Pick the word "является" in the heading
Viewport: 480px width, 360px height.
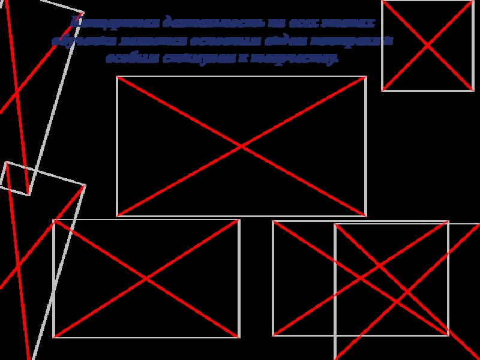pyautogui.click(x=148, y=41)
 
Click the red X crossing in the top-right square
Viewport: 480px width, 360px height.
pyautogui.click(x=428, y=46)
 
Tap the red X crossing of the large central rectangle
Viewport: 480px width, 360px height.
pyautogui.click(x=241, y=146)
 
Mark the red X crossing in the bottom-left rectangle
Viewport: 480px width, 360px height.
pyautogui.click(x=146, y=278)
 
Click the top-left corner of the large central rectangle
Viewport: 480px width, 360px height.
pyautogui.click(x=117, y=77)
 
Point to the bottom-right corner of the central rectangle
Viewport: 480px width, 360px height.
pyautogui.click(x=365, y=215)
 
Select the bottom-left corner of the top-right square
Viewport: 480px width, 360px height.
pyautogui.click(x=383, y=90)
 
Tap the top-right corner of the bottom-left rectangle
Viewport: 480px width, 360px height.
pyautogui.click(x=239, y=220)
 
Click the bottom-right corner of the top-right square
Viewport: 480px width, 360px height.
pyautogui.click(x=473, y=90)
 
